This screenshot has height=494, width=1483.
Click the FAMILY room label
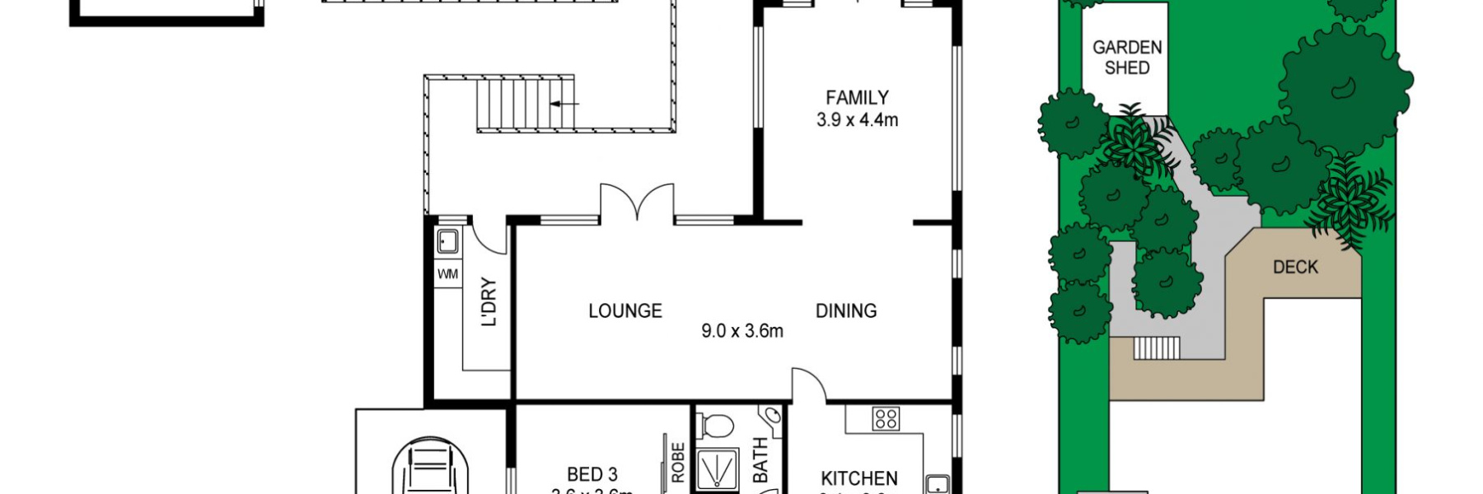tap(857, 98)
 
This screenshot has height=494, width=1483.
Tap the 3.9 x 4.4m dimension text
tap(857, 120)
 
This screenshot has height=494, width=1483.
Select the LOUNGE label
tap(625, 311)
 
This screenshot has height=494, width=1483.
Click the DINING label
tap(845, 311)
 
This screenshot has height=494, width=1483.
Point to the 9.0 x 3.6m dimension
tap(741, 332)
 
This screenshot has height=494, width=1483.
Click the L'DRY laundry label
tap(489, 302)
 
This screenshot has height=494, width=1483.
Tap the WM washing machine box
tap(447, 274)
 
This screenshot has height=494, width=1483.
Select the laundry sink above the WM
tap(447, 242)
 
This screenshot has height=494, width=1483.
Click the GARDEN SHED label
tap(1126, 58)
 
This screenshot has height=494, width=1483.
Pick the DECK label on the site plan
tap(1295, 267)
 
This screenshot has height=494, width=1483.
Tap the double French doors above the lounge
tap(637, 203)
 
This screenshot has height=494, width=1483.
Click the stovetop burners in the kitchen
tap(886, 419)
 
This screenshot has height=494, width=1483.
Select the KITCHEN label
tap(858, 478)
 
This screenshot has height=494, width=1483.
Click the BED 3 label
tap(592, 475)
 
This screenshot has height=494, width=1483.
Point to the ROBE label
tap(678, 463)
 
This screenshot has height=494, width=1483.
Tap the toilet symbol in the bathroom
tap(715, 426)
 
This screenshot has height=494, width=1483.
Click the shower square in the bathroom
tap(717, 469)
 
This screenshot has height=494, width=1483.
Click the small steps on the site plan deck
tap(1158, 348)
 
